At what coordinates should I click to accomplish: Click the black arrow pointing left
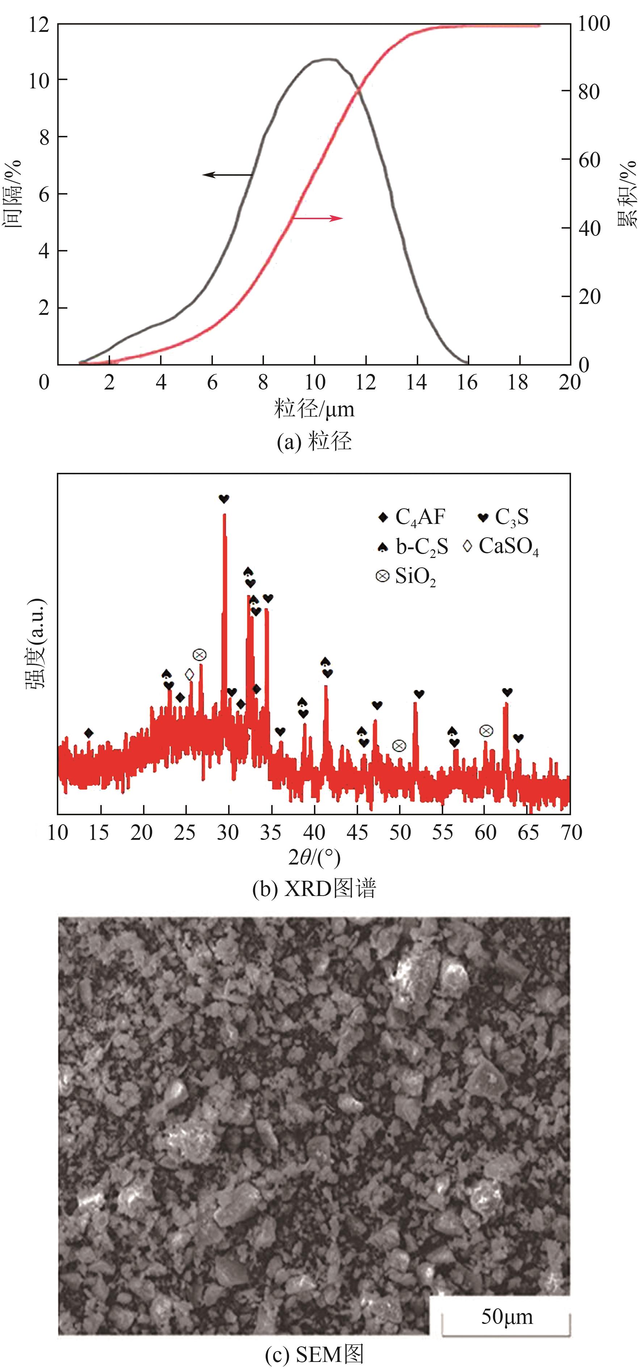point(227,175)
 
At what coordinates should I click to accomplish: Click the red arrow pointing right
point(318,218)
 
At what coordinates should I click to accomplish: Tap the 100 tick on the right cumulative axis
point(593,24)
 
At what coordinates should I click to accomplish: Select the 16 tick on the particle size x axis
point(467,382)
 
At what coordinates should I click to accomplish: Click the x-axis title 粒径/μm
point(314,409)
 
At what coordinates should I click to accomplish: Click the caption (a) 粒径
point(314,441)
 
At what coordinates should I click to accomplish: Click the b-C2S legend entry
point(413,547)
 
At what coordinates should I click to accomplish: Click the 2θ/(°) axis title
point(314,857)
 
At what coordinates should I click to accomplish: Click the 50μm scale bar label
point(506,1316)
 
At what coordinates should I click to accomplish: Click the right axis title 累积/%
point(628,194)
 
